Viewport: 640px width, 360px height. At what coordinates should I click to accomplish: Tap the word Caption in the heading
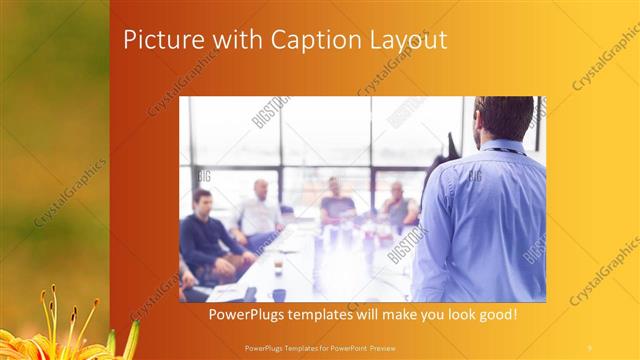pyautogui.click(x=286, y=41)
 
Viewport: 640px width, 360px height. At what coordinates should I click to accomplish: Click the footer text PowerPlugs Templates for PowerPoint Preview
pyautogui.click(x=319, y=347)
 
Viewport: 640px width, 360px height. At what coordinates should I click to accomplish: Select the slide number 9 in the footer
pyautogui.click(x=589, y=347)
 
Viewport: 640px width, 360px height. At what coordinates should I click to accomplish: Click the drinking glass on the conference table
pyautogui.click(x=277, y=266)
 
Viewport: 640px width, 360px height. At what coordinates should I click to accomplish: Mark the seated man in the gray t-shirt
pyautogui.click(x=337, y=204)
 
